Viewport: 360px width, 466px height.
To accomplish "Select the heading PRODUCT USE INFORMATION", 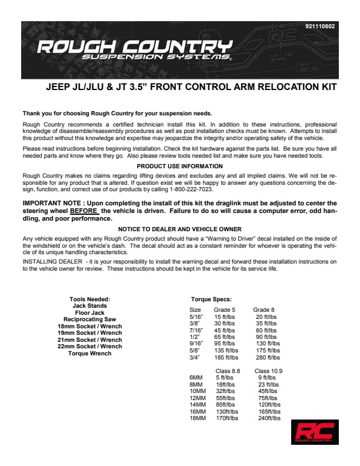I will click(179, 167).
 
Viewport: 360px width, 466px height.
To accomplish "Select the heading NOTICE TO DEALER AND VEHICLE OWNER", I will click(179, 228).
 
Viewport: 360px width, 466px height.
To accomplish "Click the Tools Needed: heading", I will click(89, 299).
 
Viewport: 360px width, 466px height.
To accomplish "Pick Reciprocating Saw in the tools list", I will click(89, 319).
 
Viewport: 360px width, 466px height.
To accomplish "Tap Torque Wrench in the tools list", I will click(89, 353).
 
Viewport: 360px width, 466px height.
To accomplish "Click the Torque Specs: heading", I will click(211, 299).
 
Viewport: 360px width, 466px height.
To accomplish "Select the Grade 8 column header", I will click(264, 309).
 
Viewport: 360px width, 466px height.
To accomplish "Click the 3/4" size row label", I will click(195, 357).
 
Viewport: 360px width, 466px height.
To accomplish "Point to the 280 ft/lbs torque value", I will click(266, 357).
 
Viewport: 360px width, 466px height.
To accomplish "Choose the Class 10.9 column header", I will click(268, 371).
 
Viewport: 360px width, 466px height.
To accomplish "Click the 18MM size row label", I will click(198, 418).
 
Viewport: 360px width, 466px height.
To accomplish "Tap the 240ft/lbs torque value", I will click(269, 418).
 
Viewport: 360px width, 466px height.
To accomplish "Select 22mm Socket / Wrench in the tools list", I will click(89, 346).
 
